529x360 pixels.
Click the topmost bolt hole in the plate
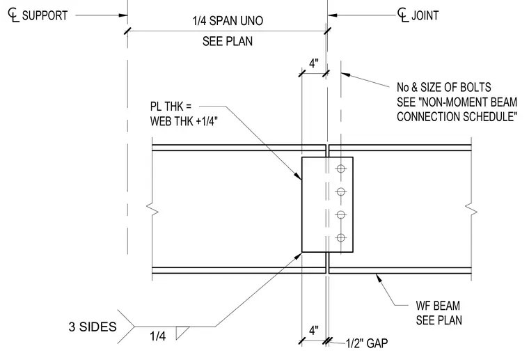[341, 169]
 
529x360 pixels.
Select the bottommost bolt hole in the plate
[341, 237]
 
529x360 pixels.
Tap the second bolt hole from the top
[341, 191]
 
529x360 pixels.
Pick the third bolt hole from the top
[341, 214]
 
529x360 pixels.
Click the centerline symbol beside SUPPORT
[13, 15]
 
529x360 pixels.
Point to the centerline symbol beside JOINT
[403, 15]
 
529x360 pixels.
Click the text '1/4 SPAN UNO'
[228, 21]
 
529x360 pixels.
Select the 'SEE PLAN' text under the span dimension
[228, 41]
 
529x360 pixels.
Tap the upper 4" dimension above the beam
[314, 63]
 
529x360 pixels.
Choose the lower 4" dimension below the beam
[314, 330]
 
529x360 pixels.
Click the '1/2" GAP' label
[367, 343]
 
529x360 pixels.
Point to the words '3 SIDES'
[93, 327]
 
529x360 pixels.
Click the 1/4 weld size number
[158, 336]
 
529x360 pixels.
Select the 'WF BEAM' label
[438, 306]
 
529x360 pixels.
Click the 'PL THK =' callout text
[171, 107]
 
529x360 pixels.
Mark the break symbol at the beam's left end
[152, 209]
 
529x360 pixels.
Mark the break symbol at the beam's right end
[471, 209]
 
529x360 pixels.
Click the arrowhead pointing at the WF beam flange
[379, 278]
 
